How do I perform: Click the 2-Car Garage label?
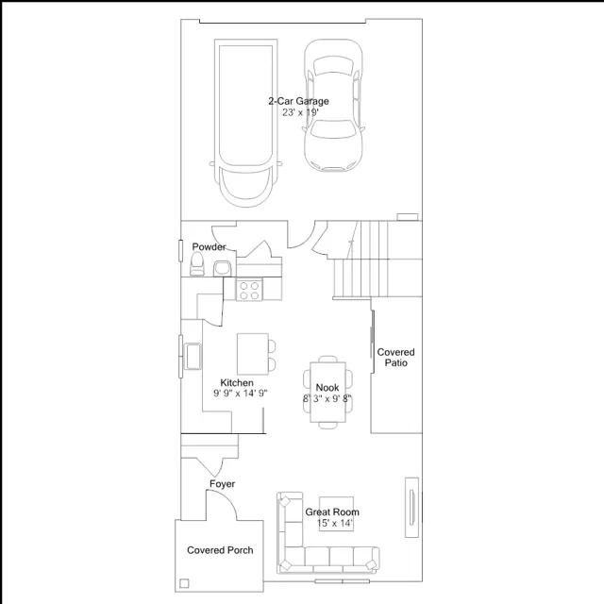pos(298,101)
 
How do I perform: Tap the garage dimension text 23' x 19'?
pos(300,112)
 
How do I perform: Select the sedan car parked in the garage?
pos(333,105)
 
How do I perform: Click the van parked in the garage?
pos(245,124)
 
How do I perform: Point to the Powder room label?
pos(209,246)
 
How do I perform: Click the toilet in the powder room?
pos(197,264)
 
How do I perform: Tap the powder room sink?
pos(223,268)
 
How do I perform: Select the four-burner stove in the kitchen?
pos(249,291)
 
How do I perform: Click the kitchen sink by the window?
pos(193,356)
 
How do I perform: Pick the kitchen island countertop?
pos(253,354)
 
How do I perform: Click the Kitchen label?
pos(237,383)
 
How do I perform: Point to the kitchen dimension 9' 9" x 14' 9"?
pos(241,394)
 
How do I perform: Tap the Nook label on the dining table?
pos(327,388)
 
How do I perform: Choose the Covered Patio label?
pos(396,357)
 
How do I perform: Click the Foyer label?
pos(223,484)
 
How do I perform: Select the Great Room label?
pos(332,512)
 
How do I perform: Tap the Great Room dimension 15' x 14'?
pos(335,523)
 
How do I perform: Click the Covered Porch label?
pos(220,550)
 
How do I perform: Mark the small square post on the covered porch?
pos(185,583)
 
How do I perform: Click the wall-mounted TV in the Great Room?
pos(411,508)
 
